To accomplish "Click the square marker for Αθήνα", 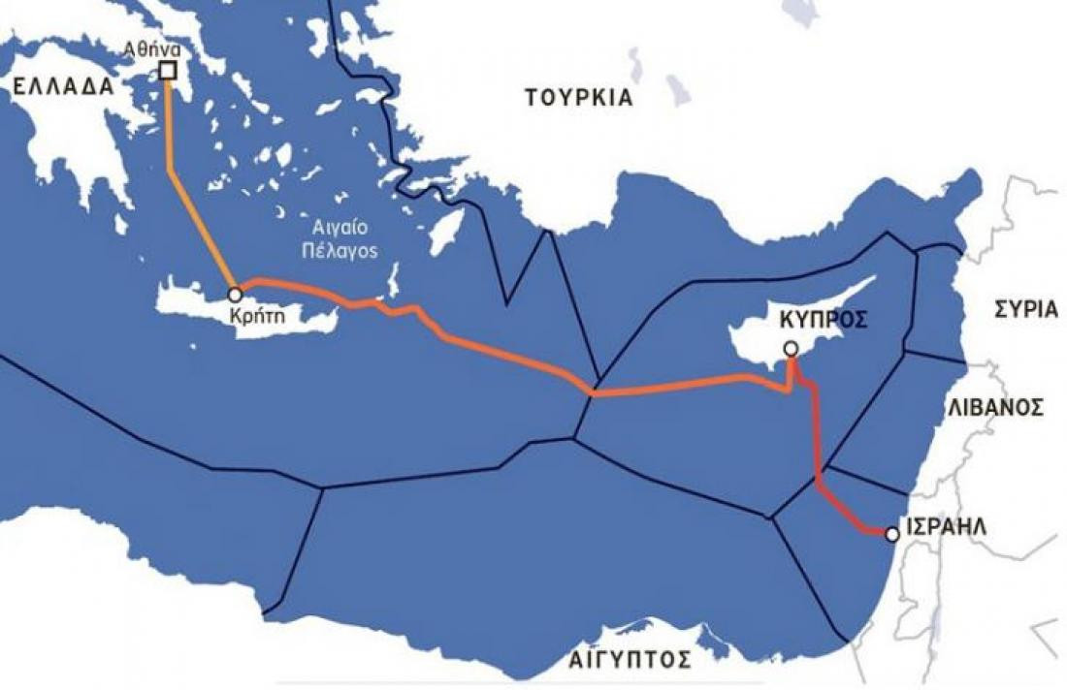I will [168, 71].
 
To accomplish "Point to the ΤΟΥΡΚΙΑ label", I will [578, 98].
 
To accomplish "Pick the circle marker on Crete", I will [234, 293].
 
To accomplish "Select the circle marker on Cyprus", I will [791, 348].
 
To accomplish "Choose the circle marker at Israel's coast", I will [891, 533].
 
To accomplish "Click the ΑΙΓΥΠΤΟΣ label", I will [630, 661].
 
